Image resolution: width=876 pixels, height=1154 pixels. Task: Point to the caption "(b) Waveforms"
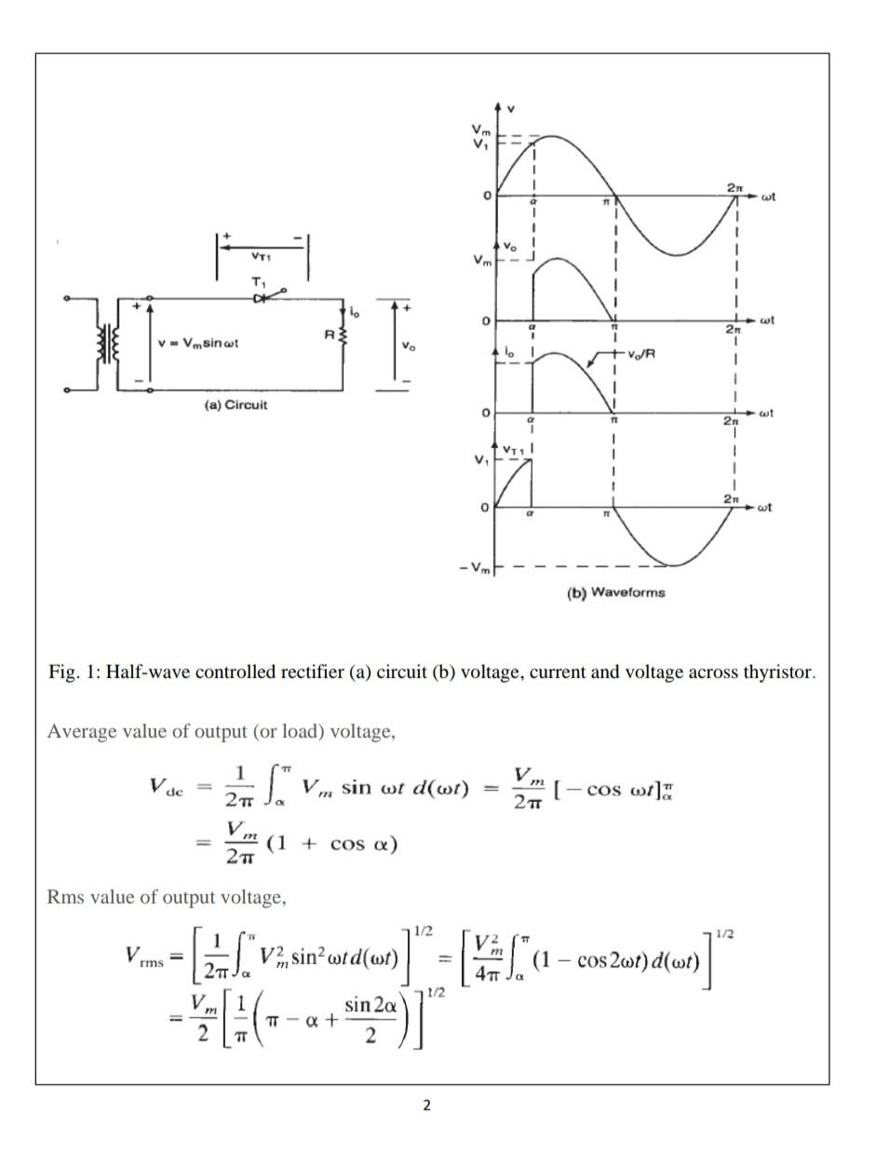615,592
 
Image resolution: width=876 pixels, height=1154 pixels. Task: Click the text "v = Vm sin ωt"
198,343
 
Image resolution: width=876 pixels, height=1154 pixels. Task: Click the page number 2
426,1106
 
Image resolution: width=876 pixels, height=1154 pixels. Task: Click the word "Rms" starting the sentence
63,897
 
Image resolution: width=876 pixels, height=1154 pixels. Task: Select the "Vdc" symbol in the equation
168,786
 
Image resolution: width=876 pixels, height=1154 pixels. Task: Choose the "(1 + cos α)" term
331,844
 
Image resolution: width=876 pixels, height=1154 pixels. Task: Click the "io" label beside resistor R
354,311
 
